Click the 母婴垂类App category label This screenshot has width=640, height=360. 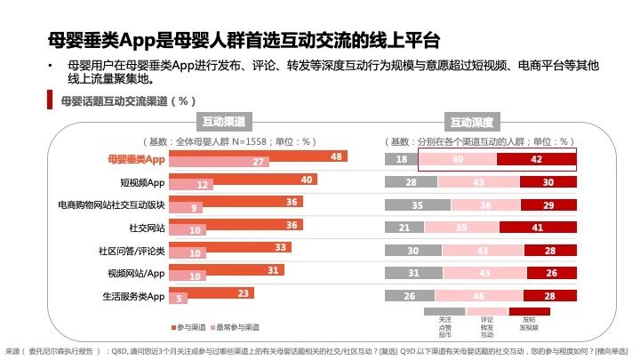tap(136, 159)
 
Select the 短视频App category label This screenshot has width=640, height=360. tap(143, 182)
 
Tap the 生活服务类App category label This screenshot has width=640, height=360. tap(131, 295)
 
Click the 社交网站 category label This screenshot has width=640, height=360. tap(148, 228)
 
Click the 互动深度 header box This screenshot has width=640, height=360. tap(473, 121)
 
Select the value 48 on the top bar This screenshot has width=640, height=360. tap(336, 156)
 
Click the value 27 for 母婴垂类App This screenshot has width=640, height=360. tap(258, 162)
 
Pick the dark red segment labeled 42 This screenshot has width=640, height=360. tap(536, 159)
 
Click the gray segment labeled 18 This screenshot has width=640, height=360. tap(401, 159)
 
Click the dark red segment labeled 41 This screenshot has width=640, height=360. tap(536, 228)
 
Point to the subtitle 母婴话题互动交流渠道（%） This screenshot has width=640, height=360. tap(128, 100)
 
